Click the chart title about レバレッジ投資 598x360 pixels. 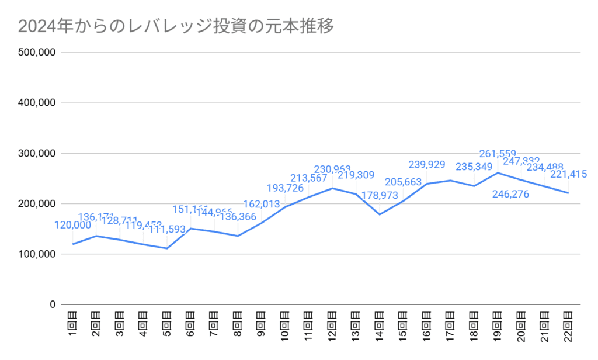pos(176,27)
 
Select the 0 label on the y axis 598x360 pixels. pos(51,305)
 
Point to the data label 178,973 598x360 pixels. pos(380,195)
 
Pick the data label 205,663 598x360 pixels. pos(403,182)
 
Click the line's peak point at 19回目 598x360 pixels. pos(498,172)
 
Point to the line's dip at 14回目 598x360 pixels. pos(380,214)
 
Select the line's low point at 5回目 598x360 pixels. pos(167,248)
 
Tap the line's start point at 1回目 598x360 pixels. pos(72,244)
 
